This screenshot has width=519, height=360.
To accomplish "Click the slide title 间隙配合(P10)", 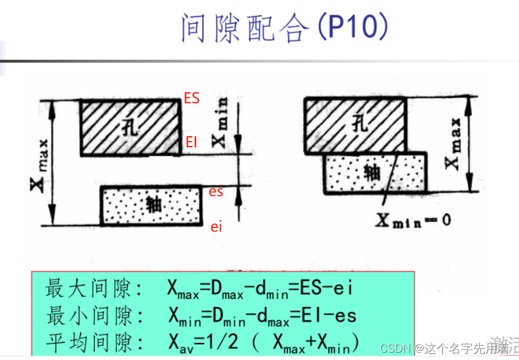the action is point(284,28).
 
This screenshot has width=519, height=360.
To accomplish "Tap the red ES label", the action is point(191,98).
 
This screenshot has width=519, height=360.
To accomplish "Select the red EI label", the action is point(191,142).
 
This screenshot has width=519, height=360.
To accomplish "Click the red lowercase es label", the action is point(216,191).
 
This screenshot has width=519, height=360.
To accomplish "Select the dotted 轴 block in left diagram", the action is point(152,205).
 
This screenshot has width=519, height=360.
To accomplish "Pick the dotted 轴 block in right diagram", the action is point(375,172).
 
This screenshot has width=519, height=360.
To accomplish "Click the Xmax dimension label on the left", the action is point(38,162).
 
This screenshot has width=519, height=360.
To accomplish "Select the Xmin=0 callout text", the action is point(413,219).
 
